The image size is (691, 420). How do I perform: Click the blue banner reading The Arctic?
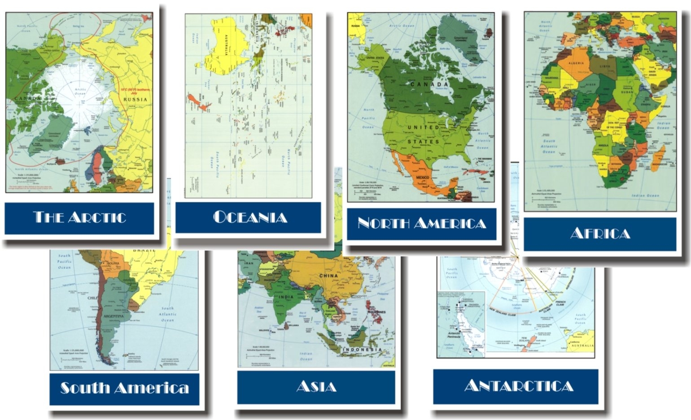pos(79,218)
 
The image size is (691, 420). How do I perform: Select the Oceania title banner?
pos(248,217)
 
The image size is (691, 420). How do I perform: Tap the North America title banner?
pos(421,223)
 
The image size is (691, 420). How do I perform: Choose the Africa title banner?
pos(599,234)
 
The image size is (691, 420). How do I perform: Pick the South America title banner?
pos(124,388)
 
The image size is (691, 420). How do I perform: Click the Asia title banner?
pos(316,386)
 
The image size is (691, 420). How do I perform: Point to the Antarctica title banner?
pos(516,386)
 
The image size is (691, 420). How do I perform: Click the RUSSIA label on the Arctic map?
pos(135,100)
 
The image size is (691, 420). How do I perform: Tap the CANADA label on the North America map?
pos(429,84)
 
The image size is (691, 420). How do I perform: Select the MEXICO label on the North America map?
pos(423,178)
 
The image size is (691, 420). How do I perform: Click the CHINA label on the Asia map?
pos(328,276)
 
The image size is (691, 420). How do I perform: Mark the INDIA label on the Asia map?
pos(286,297)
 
